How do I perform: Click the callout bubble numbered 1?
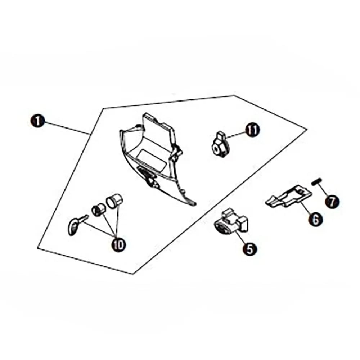38,121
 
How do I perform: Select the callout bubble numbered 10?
119,244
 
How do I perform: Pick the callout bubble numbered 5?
250,248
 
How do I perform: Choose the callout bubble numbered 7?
332,202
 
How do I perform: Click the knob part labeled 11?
220,145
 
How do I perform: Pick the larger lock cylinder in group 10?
114,201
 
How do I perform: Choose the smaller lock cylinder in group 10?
98,210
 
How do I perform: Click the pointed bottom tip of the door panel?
195,204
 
